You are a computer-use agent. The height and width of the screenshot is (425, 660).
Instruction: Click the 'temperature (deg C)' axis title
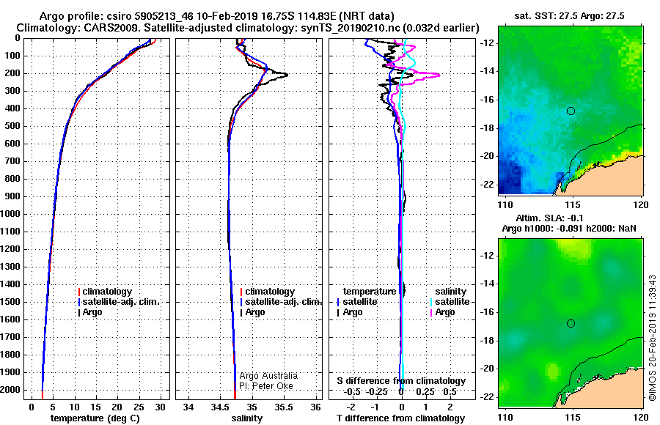click(x=95, y=418)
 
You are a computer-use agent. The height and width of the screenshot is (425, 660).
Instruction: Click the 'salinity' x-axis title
click(x=246, y=418)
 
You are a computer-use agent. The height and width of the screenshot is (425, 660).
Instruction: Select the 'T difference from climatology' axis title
click(x=400, y=418)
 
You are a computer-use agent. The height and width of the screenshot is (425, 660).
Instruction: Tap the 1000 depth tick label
click(x=10, y=214)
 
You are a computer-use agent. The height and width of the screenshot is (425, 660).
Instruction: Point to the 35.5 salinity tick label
click(x=283, y=407)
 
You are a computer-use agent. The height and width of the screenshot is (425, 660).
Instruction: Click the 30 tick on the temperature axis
click(x=160, y=407)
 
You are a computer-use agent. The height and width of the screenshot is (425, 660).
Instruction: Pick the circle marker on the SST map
click(x=571, y=111)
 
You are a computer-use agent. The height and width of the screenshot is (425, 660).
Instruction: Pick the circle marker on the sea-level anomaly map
click(x=571, y=324)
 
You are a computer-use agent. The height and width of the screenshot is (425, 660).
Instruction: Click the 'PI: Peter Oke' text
click(x=266, y=386)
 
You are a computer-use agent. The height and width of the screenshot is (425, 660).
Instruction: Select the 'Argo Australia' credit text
click(x=268, y=375)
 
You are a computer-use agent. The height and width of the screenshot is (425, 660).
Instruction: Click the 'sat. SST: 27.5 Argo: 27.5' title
click(x=570, y=16)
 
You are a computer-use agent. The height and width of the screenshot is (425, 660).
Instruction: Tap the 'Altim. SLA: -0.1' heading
click(x=549, y=218)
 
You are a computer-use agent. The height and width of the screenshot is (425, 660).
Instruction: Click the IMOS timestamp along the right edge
click(x=653, y=338)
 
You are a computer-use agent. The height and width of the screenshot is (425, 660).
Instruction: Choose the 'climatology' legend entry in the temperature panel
click(x=105, y=291)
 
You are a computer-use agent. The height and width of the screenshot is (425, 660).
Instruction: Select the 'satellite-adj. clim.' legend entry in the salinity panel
click(x=281, y=302)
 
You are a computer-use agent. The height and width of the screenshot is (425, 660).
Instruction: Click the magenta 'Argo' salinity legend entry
click(x=443, y=312)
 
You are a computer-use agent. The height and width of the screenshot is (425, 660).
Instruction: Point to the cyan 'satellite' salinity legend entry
click(x=450, y=302)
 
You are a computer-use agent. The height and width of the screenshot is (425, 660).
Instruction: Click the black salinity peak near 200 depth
click(x=287, y=75)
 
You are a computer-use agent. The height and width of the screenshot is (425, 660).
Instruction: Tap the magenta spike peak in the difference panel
click(x=439, y=75)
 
